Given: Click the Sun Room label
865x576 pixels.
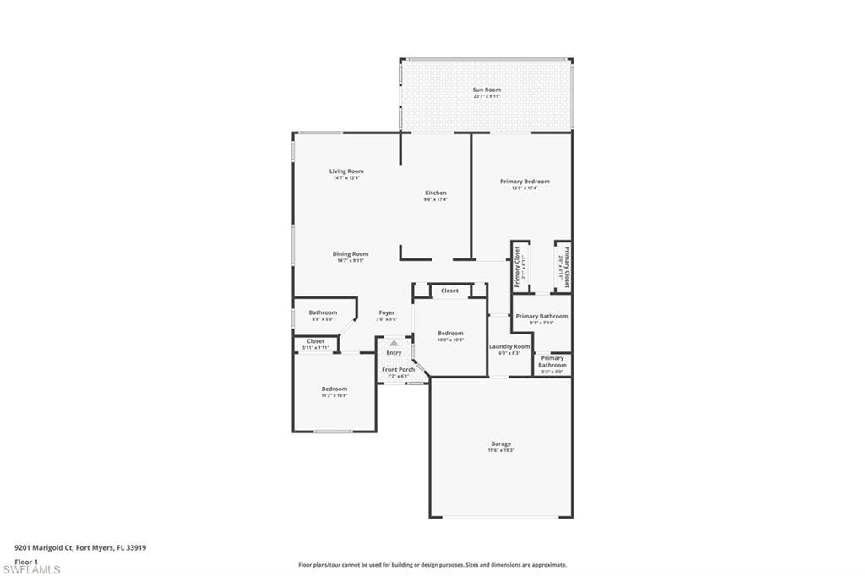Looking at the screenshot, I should point(487,90).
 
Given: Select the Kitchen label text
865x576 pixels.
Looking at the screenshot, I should point(435,193).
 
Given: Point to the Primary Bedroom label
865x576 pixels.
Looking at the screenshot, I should point(525,182).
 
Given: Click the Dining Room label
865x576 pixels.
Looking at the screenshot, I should point(350,254).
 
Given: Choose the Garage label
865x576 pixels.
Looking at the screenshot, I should point(501,443).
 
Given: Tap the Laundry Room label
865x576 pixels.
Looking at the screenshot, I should point(509,346).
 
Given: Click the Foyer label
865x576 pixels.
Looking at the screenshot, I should point(386,313).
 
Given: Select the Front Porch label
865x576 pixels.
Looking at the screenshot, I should point(398,370).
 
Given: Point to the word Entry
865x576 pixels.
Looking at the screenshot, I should point(394,352).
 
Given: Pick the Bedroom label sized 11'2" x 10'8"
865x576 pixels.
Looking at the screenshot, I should point(334,389).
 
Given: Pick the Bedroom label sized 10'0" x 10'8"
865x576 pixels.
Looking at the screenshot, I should point(450,334).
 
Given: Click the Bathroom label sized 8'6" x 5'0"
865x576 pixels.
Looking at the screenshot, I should point(323,312).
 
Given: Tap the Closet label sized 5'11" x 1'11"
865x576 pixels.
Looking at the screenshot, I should point(315,341).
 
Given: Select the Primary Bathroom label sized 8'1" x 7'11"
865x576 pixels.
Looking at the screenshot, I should point(541,317).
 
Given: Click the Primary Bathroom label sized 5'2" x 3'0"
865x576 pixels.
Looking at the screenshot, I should point(552,361).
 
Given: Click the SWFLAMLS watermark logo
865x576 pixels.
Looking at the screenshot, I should point(31,569).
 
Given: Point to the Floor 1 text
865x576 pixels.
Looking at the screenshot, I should point(27,561).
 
